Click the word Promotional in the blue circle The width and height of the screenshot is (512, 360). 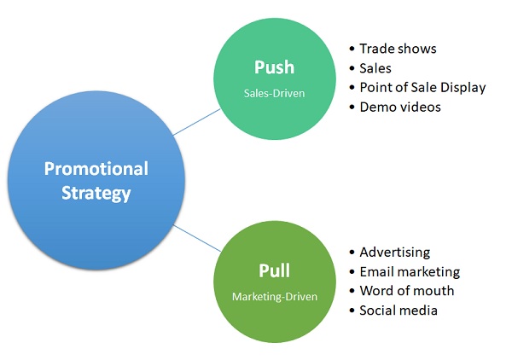tap(96, 168)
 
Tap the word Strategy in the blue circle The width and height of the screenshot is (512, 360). tap(96, 193)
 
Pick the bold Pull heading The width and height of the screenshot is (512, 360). tap(274, 271)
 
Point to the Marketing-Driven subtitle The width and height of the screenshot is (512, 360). tap(274, 296)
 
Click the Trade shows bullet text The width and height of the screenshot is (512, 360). tap(398, 49)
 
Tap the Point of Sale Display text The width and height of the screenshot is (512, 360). tap(422, 87)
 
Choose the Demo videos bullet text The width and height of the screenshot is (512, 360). tap(399, 107)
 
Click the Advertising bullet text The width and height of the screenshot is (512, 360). tap(395, 253)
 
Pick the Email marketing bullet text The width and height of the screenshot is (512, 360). tap(410, 271)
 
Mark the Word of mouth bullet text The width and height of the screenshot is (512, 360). tap(406, 291)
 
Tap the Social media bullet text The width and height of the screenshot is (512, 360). tap(399, 311)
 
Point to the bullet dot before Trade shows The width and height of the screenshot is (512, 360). tap(352, 49)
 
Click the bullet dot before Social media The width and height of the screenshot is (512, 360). tap(352, 311)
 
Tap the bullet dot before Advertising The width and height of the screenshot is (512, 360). tap(352, 253)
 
